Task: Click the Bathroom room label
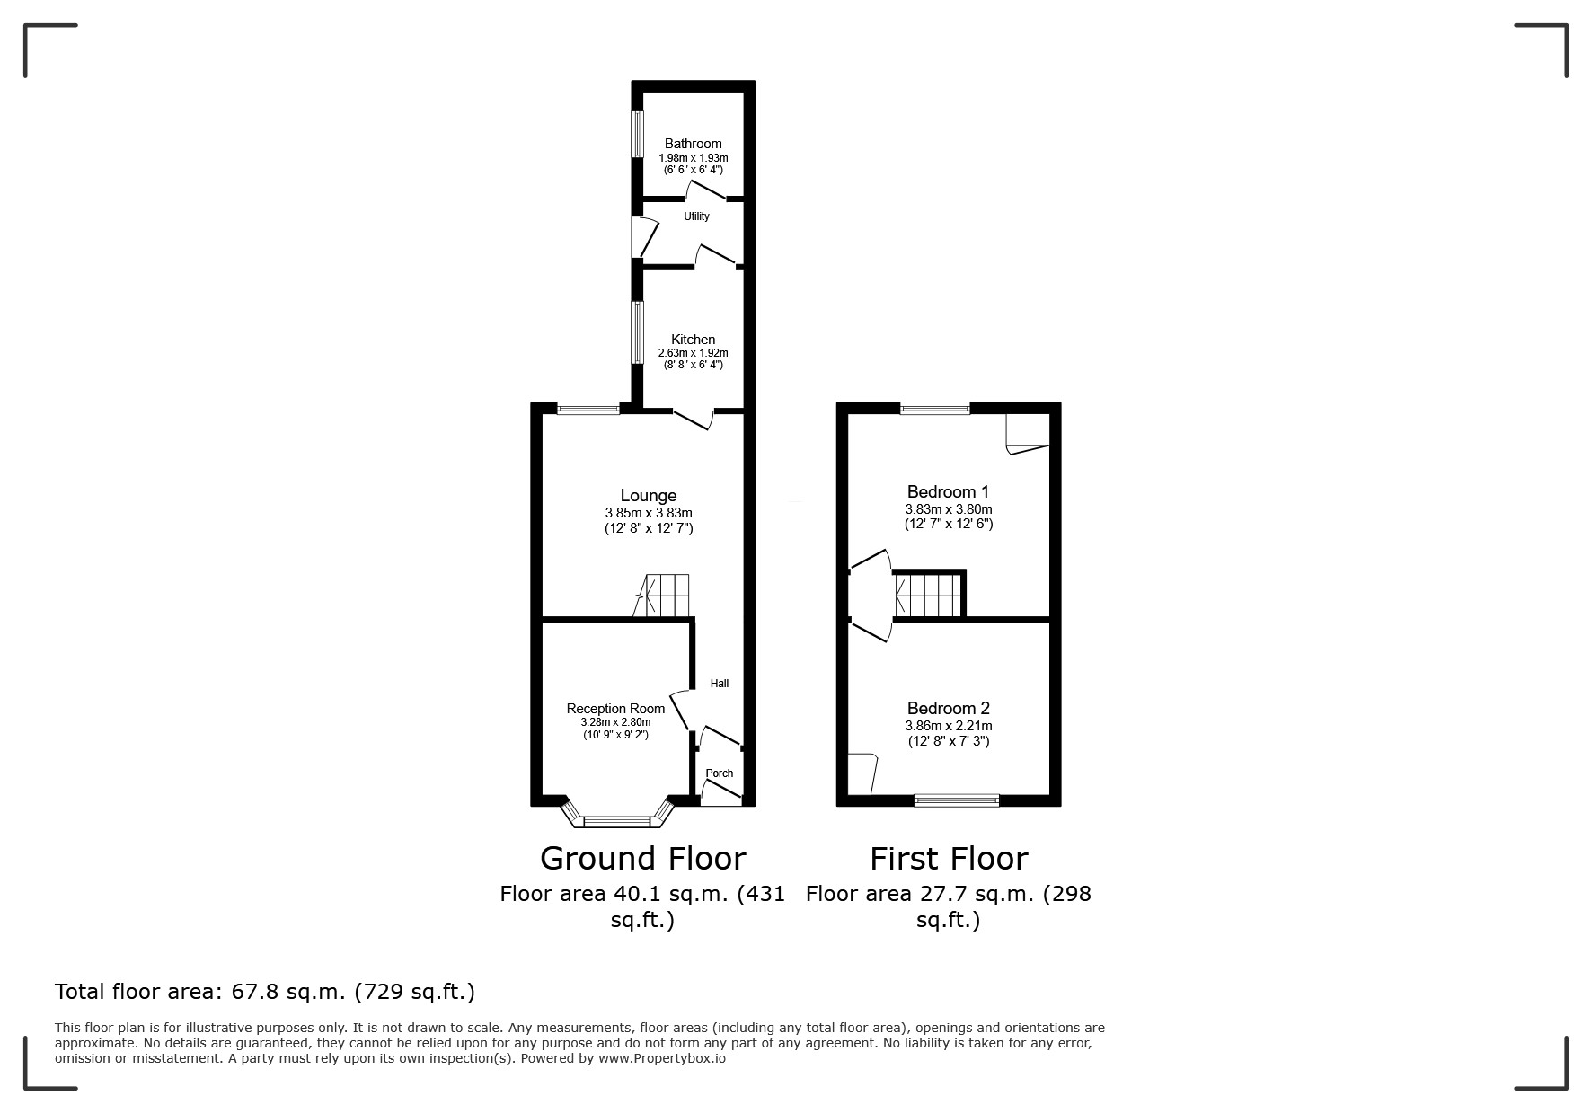[693, 144]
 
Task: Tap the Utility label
[696, 216]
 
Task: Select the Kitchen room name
[694, 340]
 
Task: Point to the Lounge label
[649, 496]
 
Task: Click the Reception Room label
[615, 709]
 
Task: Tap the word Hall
[720, 684]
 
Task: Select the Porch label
[720, 773]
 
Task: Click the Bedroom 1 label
[948, 492]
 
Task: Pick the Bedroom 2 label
[948, 709]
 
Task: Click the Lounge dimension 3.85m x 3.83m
[649, 513]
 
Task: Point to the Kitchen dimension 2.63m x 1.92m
[694, 353]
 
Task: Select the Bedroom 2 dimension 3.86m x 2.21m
[949, 726]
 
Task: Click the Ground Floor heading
[642, 859]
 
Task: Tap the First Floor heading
[949, 859]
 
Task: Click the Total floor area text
[265, 992]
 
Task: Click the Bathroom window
[638, 134]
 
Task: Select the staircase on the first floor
[928, 596]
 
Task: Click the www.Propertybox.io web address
[662, 1058]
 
